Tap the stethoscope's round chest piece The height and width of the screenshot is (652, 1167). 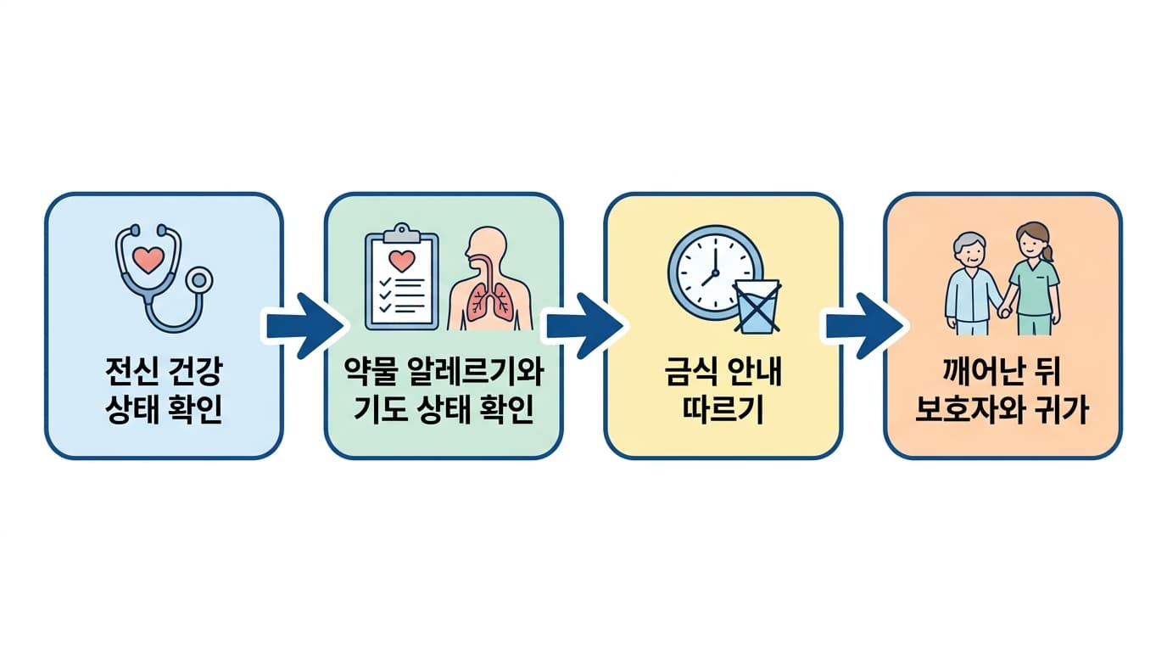(198, 281)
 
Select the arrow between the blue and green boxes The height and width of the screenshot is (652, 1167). (304, 326)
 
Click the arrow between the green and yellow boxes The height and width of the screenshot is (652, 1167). (583, 326)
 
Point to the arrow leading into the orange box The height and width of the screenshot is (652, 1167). (863, 326)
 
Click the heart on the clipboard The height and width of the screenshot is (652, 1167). (402, 261)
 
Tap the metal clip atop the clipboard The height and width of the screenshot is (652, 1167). (401, 233)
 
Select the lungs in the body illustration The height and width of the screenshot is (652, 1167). (489, 301)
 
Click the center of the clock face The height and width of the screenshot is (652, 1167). (715, 273)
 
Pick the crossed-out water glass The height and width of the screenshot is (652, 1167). (757, 306)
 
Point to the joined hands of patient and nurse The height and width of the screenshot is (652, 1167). (1004, 312)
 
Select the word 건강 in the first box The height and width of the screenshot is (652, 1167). (197, 371)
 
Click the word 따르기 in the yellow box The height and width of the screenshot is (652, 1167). (723, 409)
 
